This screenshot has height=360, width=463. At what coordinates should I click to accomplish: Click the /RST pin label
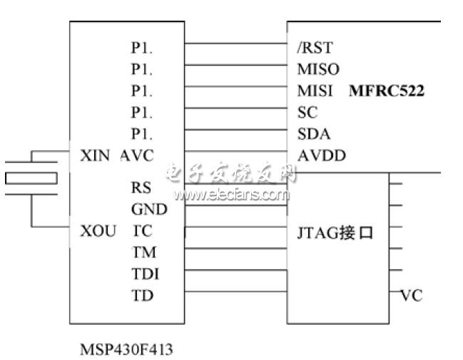314,48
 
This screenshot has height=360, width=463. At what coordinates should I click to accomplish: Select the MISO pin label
317,70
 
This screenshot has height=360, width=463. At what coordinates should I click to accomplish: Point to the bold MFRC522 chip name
387,91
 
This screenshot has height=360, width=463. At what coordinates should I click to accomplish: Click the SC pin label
307,113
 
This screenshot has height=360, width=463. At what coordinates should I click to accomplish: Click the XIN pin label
96,155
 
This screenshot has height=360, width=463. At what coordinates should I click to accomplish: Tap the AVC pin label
137,155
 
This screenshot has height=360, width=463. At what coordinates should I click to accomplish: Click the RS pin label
141,188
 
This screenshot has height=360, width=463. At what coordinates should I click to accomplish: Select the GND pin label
148,210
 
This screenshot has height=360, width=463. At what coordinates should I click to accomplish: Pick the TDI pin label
145,274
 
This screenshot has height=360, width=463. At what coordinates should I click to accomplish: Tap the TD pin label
141,295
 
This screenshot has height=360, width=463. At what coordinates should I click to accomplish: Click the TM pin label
143,252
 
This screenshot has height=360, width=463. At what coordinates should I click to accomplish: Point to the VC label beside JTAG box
412,295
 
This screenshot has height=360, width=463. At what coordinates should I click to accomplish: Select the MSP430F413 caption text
126,349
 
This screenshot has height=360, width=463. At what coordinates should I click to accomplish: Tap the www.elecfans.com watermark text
230,194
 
